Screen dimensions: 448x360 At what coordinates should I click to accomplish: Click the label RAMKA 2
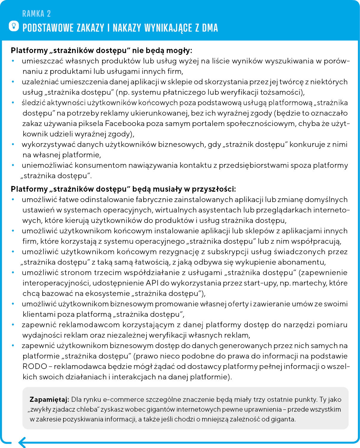pyautogui.click(x=36, y=14)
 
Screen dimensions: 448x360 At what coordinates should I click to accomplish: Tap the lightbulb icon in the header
pyautogui.click(x=14, y=26)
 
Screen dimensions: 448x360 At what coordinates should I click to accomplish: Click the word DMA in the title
pyautogui.click(x=210, y=28)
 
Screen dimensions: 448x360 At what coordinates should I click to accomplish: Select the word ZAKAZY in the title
pyautogui.click(x=91, y=28)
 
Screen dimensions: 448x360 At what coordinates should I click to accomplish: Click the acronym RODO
pyautogui.click(x=35, y=367)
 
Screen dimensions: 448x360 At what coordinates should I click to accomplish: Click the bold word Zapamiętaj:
pyautogui.click(x=49, y=400)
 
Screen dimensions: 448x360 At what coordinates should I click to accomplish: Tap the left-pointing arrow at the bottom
pyautogui.click(x=23, y=442)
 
